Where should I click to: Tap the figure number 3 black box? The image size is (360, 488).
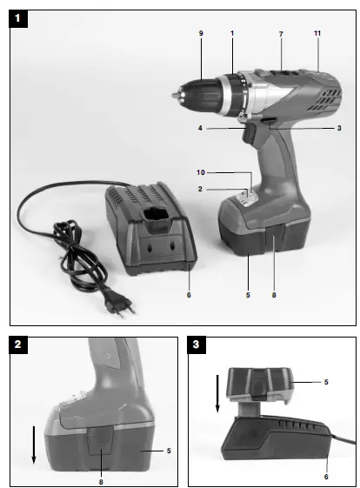click(198, 345)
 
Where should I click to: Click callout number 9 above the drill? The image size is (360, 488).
click(201, 33)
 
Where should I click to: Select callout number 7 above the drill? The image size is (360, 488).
click(281, 33)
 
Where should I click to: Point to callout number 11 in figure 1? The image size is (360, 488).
click(319, 33)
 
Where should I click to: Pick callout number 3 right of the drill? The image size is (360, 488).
click(337, 128)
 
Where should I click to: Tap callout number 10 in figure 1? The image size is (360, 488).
click(199, 171)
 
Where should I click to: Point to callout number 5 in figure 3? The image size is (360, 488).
click(327, 381)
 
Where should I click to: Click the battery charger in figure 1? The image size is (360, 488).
click(148, 231)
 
